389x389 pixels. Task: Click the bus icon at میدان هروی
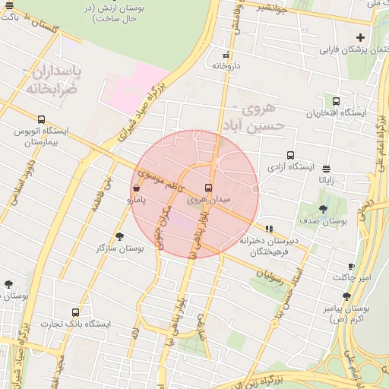[208, 188]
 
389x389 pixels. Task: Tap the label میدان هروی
[208, 199]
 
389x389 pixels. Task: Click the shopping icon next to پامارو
[136, 188]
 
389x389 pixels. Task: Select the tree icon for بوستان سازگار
[120, 237]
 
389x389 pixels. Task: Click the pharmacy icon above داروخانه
[226, 55]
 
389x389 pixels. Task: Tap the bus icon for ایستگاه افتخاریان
[336, 101]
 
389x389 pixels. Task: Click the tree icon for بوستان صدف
[324, 209]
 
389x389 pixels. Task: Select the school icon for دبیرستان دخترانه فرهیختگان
[270, 229]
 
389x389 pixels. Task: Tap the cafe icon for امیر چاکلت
[351, 266]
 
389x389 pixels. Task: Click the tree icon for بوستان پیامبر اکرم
[346, 296]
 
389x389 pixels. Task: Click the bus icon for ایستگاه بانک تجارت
[75, 312]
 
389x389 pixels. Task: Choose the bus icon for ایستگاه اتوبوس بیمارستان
[41, 119]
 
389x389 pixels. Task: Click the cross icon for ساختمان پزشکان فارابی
[360, 37]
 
